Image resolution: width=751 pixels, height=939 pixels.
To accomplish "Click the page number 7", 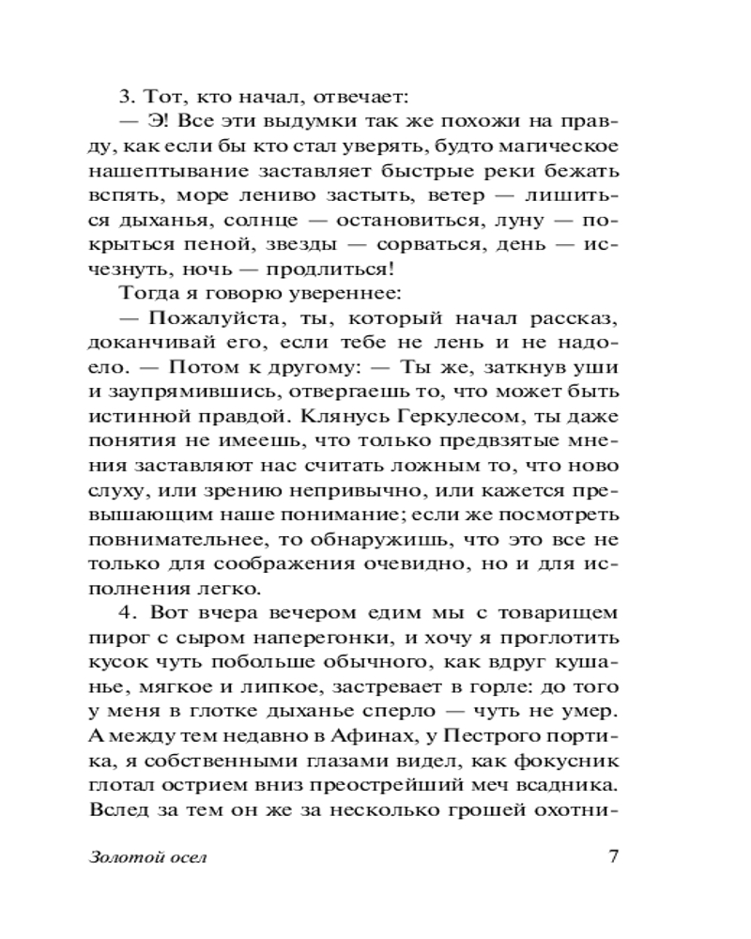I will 615,855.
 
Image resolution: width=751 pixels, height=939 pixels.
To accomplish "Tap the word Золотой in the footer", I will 122,857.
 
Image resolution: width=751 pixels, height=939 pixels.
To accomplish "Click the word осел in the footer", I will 184,857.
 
